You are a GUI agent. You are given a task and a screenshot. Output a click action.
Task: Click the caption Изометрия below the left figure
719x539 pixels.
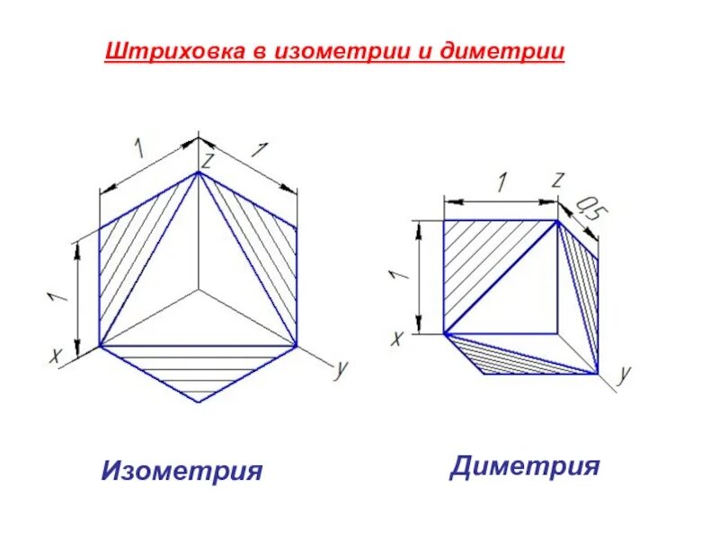click(x=182, y=470)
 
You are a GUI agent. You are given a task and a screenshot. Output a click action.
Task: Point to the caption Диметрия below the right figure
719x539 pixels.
click(x=525, y=466)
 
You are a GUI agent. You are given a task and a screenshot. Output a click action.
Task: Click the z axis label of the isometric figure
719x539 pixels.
click(x=207, y=162)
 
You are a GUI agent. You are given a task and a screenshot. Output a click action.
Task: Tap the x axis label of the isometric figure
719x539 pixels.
click(x=56, y=356)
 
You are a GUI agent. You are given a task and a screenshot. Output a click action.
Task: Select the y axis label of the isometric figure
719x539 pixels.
click(x=341, y=369)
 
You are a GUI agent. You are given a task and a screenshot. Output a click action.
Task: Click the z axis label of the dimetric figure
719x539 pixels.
click(x=557, y=181)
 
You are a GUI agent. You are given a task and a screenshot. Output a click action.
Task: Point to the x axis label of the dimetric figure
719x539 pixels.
click(x=396, y=338)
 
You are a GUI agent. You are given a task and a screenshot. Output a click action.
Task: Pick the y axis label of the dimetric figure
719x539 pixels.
click(x=626, y=373)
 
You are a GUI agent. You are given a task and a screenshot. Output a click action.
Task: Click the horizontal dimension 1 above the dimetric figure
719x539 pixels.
click(x=502, y=181)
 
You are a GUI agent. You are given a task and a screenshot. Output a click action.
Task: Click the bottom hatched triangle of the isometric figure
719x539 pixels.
click(x=198, y=371)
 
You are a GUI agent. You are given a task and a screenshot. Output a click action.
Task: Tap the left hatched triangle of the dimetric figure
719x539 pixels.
click(x=476, y=261)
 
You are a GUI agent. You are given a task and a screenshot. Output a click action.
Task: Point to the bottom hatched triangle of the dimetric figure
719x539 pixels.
click(x=503, y=357)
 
